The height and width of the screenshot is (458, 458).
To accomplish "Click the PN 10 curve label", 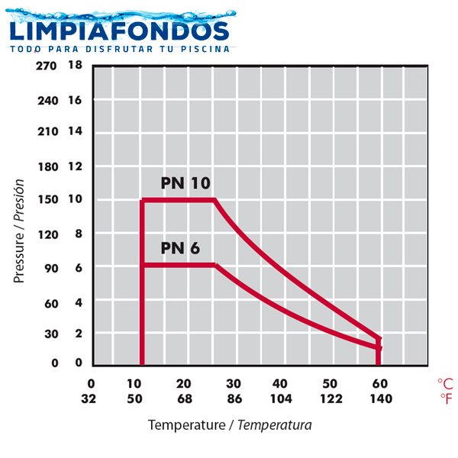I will pos(185,183).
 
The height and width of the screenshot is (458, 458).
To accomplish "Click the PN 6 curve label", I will pos(181,248).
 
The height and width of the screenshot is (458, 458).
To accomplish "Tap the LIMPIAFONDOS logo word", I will pos(118,31).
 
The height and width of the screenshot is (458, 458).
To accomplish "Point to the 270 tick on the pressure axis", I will pos(47,66).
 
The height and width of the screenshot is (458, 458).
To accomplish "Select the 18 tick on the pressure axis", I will pos(75,66).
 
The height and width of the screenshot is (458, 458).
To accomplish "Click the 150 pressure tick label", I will pos(47,200).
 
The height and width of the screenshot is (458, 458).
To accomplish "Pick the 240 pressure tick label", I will pos(47,100).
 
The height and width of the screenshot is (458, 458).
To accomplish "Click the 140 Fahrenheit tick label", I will pos(381,398).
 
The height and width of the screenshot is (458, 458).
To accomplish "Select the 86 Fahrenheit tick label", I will pos(234,398).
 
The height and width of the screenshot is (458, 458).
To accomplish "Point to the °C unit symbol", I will pos(445,383).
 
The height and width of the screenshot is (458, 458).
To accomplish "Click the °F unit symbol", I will pos(445,398).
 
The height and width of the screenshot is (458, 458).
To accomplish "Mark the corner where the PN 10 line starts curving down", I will pos(214,200).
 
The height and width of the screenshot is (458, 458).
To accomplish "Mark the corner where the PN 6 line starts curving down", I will pos(216,265).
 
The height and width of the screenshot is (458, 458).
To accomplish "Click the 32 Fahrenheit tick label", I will pos(90,398).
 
